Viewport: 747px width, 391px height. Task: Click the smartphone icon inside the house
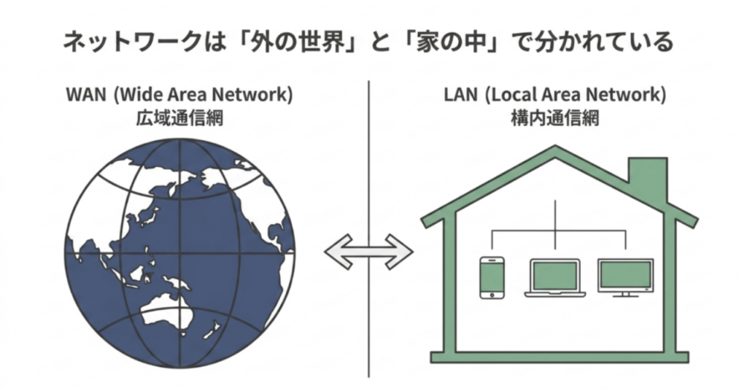coord(492,277)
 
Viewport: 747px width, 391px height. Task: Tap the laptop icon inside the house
coord(554,278)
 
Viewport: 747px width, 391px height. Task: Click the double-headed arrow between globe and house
coord(369,251)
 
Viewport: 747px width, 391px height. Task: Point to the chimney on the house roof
coord(647,179)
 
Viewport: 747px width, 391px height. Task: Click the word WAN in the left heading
coord(87,96)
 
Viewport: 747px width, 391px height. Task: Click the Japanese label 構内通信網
coord(554,118)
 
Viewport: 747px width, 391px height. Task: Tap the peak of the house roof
coord(556,150)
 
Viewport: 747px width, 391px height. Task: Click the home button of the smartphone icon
coord(492,294)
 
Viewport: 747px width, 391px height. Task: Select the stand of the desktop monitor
coord(625,295)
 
